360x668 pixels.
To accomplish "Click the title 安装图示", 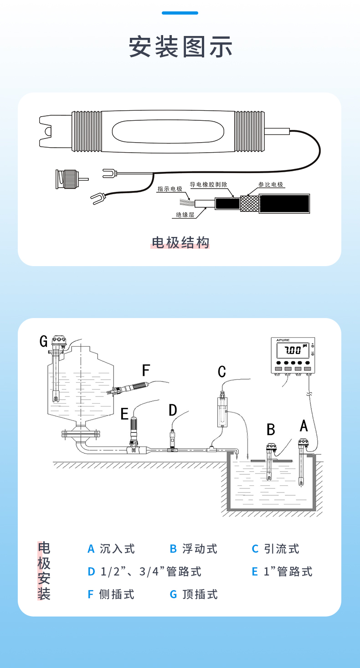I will (x=180, y=46).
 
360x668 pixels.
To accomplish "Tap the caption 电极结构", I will (x=180, y=242).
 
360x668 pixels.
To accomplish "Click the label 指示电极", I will (x=170, y=189).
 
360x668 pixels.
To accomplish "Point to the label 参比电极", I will (x=271, y=185).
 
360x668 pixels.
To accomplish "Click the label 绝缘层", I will (x=185, y=214).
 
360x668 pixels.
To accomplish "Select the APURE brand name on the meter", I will (x=283, y=340).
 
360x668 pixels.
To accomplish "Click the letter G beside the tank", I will (x=44, y=341).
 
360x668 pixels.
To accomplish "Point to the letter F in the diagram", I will (x=146, y=370).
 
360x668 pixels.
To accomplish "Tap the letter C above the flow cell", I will (x=222, y=371).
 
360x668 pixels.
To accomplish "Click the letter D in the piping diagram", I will (x=173, y=410).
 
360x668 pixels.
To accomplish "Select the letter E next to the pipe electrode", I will (x=124, y=414).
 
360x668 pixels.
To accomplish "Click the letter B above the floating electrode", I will (x=271, y=429).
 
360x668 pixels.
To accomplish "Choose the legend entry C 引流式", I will (x=275, y=549).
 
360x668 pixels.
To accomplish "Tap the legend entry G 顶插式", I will (x=193, y=594).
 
